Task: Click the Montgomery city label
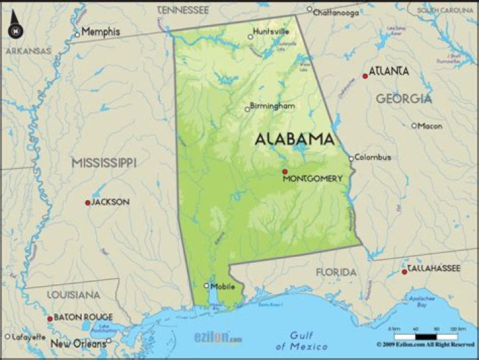tap(313, 178)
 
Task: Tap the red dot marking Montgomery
tap(285, 171)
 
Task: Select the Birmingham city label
tap(273, 106)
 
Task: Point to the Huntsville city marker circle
tap(251, 37)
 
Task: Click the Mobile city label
tap(223, 286)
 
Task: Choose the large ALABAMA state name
tap(295, 139)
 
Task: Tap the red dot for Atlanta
tap(365, 76)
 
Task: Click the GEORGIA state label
tap(404, 98)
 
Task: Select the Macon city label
tap(430, 126)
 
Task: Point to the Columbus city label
tap(373, 158)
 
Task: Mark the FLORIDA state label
tap(336, 272)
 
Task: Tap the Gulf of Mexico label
tap(301, 341)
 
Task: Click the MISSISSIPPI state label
tap(104, 162)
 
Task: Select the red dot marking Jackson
tap(87, 202)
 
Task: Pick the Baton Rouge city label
tap(83, 317)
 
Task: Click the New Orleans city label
tap(78, 343)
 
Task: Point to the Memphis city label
tap(101, 32)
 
